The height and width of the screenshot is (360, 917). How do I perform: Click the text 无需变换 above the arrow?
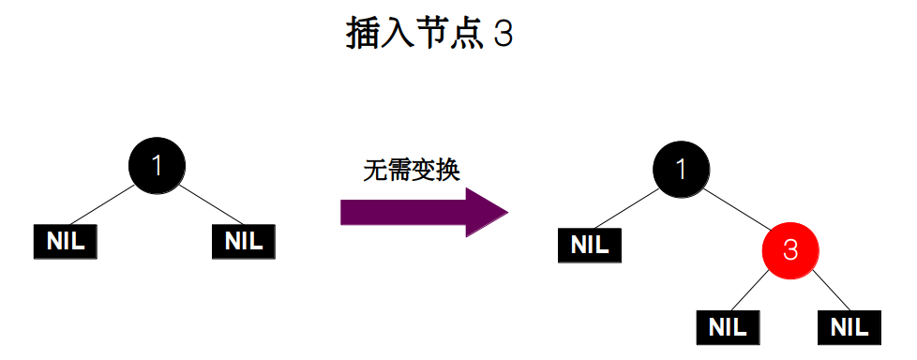pos(411,170)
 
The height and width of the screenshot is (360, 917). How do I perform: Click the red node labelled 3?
pos(789,250)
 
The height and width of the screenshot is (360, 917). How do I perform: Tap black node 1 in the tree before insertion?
pos(157,166)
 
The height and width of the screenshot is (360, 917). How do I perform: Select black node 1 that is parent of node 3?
pos(681,169)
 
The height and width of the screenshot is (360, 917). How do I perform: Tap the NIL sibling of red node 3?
pos(590,246)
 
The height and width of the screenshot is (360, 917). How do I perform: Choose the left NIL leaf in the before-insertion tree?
pos(66,242)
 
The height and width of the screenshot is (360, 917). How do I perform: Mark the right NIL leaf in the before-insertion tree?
pos(244,242)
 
